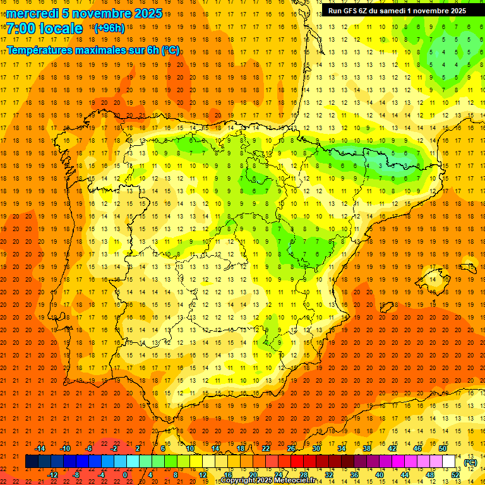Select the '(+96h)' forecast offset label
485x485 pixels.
click(109, 28)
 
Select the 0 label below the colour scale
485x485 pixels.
click(126, 475)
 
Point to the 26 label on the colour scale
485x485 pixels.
click(291, 448)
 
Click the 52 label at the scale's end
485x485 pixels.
click(455, 475)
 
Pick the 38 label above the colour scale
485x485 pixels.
click(367, 448)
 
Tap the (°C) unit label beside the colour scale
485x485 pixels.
click(470, 462)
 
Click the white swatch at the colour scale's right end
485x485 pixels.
click(449, 462)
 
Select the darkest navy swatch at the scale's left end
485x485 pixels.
click(32, 462)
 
